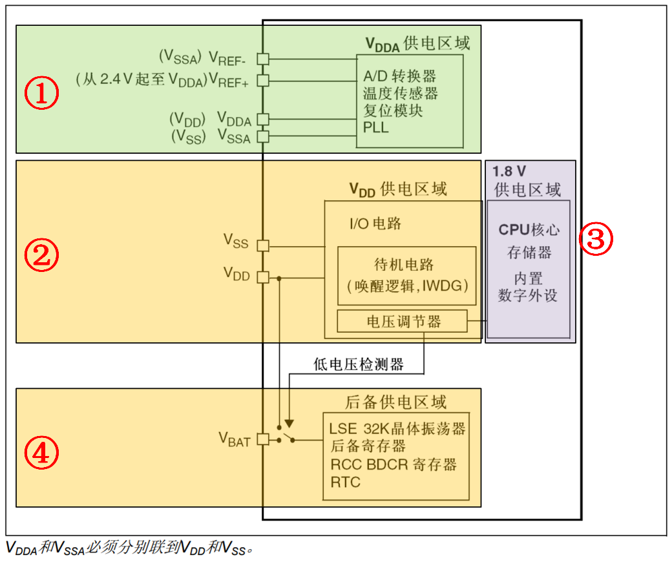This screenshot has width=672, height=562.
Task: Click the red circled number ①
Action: (41, 94)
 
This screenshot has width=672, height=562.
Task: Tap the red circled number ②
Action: (41, 256)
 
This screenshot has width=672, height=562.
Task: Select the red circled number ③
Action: (595, 238)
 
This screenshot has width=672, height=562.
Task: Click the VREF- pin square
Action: (263, 58)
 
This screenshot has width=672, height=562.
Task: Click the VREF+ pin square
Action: (263, 80)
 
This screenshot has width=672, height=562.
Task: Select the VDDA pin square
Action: (263, 119)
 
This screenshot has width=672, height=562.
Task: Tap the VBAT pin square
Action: (263, 439)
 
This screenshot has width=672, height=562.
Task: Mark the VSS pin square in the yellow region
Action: (263, 245)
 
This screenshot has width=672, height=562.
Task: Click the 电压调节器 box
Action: (402, 321)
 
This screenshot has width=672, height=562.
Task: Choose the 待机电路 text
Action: (404, 265)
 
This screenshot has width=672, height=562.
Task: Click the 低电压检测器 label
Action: (359, 365)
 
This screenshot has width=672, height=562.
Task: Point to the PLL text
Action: (376, 127)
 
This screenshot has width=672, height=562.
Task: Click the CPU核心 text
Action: (529, 229)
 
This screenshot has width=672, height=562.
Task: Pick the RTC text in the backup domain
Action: (345, 482)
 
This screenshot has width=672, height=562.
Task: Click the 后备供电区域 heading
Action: (395, 402)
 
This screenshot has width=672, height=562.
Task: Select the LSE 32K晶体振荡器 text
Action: (397, 428)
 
